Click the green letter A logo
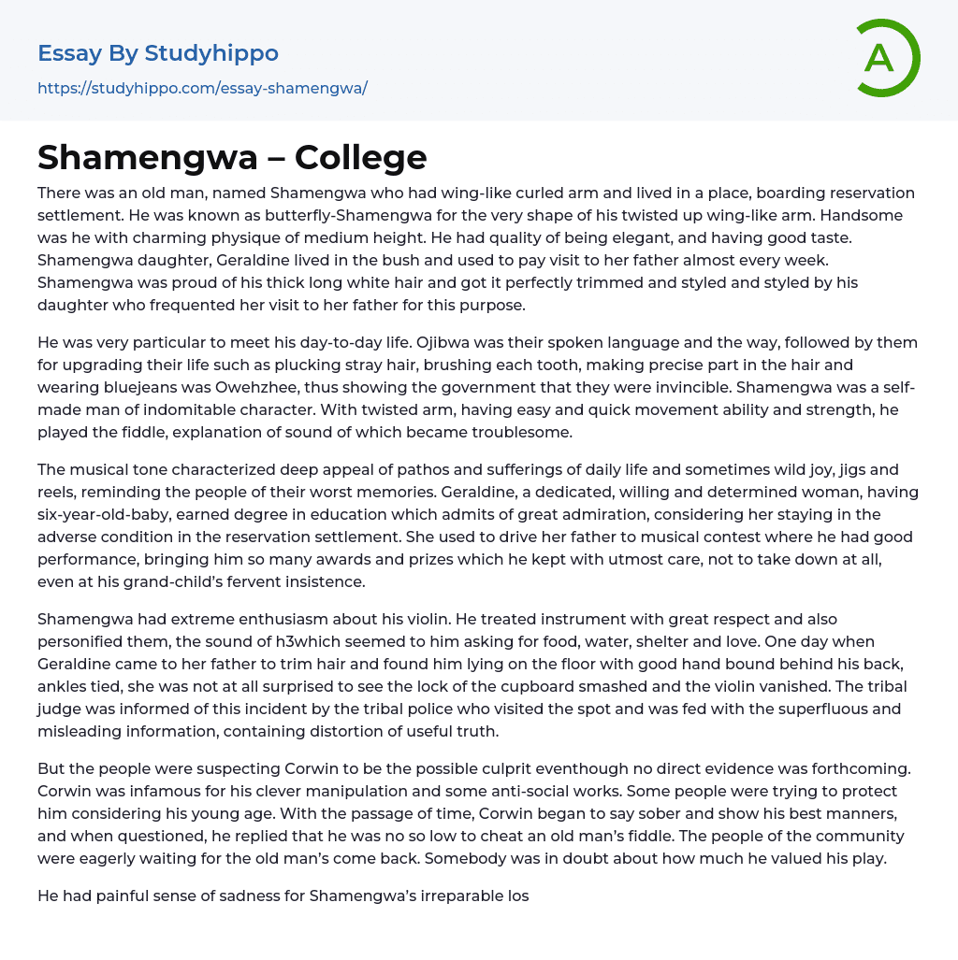(887, 58)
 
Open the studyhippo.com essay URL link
(202, 88)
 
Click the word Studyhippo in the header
(211, 53)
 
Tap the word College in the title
(360, 157)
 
